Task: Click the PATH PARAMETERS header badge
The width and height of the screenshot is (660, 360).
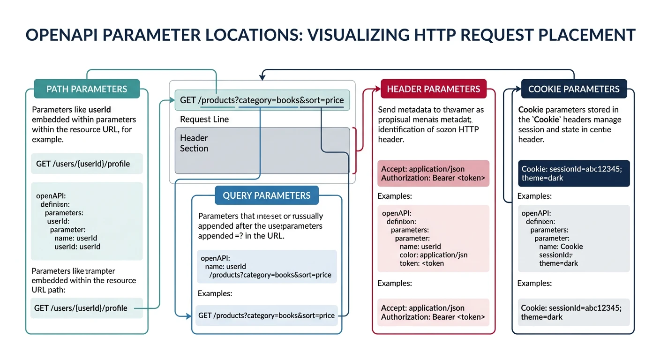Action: click(x=87, y=89)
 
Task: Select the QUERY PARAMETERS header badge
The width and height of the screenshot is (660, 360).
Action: click(x=266, y=195)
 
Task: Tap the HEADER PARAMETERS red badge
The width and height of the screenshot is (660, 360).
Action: click(x=433, y=89)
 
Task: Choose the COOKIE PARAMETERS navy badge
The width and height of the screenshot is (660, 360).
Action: click(x=574, y=89)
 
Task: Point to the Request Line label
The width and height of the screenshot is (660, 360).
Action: click(x=204, y=119)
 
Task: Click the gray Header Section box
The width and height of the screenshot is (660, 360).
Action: click(x=262, y=150)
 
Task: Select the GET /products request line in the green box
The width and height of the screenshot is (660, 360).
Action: click(x=262, y=100)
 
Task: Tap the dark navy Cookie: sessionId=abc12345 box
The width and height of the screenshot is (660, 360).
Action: click(x=574, y=173)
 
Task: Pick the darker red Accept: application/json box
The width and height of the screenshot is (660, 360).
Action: click(x=433, y=173)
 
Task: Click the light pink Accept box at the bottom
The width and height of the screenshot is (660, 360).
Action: click(x=433, y=312)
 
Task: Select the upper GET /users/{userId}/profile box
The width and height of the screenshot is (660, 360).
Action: click(x=86, y=164)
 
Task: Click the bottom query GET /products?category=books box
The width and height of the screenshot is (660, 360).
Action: click(x=266, y=315)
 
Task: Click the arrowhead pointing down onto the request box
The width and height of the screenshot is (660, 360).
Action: click(x=263, y=75)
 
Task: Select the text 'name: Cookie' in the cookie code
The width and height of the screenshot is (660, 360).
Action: click(x=561, y=247)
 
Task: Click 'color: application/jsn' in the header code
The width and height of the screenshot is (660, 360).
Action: click(x=433, y=255)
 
